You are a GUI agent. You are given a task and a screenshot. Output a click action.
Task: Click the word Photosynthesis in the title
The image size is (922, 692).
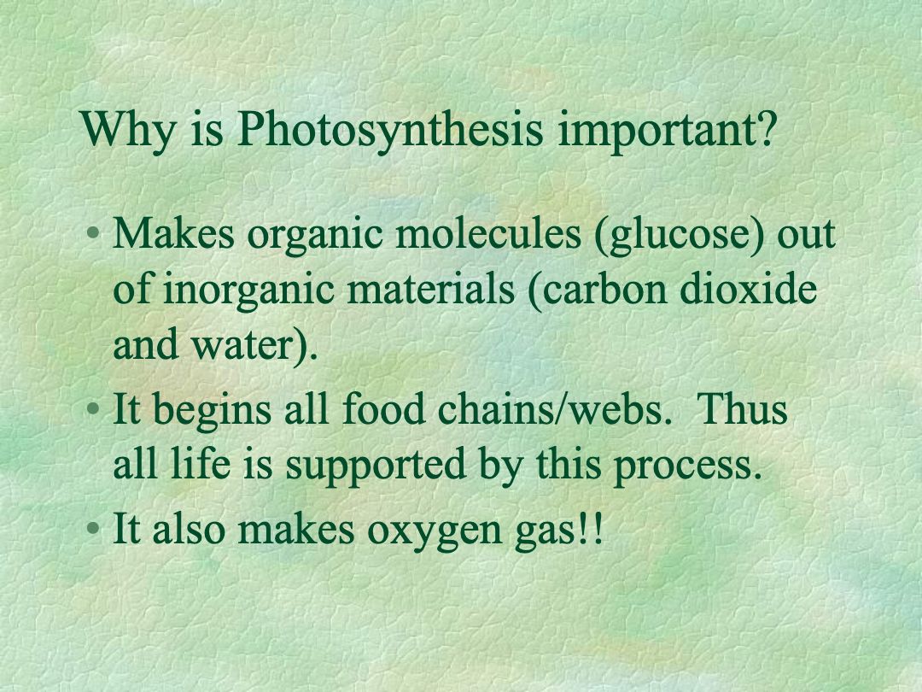(389, 130)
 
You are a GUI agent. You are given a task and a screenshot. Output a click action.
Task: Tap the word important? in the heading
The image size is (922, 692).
(666, 131)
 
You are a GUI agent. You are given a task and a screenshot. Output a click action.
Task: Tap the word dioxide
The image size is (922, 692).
(749, 289)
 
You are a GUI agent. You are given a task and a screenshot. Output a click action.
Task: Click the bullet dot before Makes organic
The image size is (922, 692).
(92, 233)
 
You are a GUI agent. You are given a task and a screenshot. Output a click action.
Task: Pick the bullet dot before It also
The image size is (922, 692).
(92, 528)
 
